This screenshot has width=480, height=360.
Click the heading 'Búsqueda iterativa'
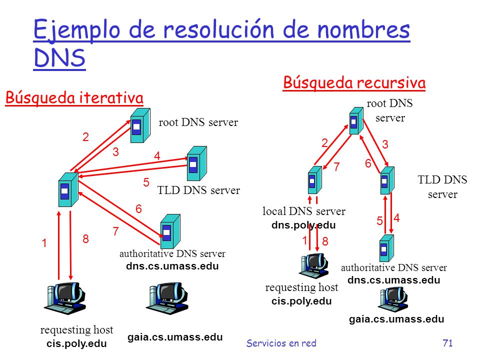[74, 98]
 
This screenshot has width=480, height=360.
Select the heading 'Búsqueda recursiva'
[354, 82]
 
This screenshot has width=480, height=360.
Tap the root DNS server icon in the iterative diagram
[140, 125]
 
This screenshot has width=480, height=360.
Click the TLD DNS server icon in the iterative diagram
[197, 163]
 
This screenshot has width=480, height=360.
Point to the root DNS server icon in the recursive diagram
[356, 120]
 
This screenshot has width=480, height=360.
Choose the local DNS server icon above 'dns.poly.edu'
[314, 180]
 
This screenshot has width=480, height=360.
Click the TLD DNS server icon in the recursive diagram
[387, 180]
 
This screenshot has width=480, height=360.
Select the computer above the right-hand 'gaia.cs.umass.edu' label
[394, 299]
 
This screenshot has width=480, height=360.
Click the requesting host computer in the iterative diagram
[65, 298]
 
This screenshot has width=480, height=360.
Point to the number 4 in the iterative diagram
[157, 156]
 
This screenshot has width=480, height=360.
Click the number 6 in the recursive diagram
[368, 163]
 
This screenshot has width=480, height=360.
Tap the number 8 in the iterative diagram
[85, 239]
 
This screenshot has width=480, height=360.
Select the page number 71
[447, 343]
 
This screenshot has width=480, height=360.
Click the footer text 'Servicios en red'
[281, 343]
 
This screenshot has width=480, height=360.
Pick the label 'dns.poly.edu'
[303, 225]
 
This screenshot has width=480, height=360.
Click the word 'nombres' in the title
[363, 30]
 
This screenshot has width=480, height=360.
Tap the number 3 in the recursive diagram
[385, 144]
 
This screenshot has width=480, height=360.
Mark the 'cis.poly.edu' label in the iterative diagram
[76, 343]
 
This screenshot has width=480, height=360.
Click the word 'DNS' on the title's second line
[59, 58]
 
